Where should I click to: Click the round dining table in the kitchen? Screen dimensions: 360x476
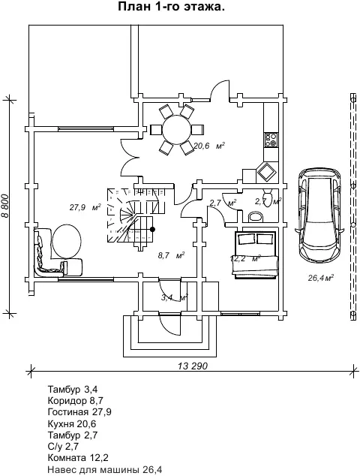[x=177, y=129]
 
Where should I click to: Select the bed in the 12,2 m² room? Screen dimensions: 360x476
[x=255, y=255]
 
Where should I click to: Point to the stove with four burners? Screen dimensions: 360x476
[x=271, y=140]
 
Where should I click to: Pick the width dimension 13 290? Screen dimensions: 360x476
[x=193, y=366]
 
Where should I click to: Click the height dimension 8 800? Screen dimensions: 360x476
[x=4, y=206]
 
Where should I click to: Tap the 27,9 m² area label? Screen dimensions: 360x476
[x=85, y=207]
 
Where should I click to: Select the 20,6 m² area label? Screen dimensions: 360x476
[x=209, y=146]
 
